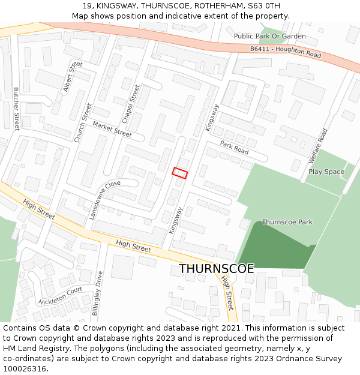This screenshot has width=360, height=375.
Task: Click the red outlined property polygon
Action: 180,173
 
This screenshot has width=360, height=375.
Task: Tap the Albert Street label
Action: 73,76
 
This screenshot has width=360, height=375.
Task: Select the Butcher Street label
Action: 16,109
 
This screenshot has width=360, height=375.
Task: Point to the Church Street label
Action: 83,122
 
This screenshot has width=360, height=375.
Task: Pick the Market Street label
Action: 112,129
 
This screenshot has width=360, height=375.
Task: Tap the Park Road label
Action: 234,148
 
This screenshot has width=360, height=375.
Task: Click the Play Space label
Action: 326,172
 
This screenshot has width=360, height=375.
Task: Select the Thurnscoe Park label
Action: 287,222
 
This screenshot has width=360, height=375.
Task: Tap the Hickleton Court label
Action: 60,296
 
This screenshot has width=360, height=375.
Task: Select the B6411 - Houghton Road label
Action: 285,52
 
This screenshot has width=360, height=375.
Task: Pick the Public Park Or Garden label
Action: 269,36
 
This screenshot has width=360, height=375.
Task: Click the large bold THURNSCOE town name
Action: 216,268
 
